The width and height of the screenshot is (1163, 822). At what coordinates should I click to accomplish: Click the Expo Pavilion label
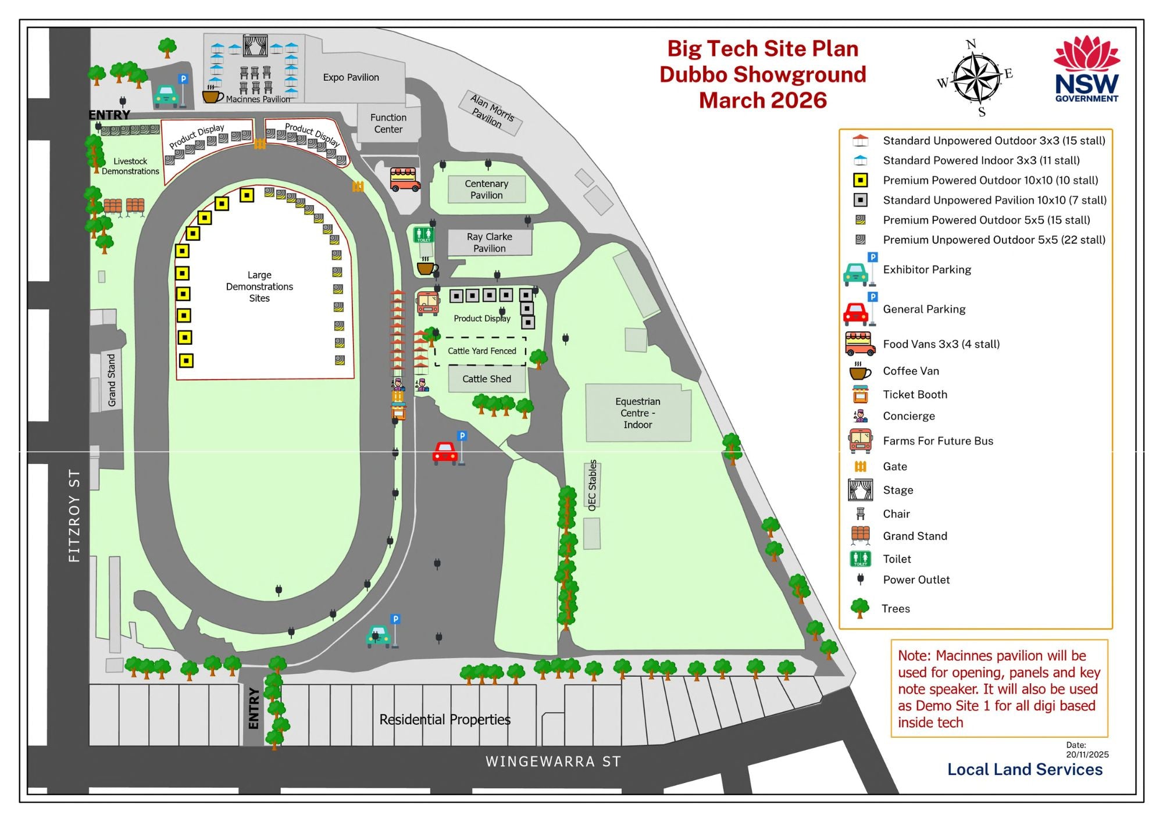click(351, 77)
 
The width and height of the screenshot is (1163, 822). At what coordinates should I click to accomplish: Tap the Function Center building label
click(388, 123)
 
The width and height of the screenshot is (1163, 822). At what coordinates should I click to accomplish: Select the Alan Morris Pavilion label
click(490, 112)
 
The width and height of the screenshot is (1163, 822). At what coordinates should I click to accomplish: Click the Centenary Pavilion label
click(487, 190)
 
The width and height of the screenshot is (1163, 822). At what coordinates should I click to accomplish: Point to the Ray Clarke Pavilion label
click(490, 242)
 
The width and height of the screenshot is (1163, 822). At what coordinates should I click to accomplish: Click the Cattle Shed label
click(487, 379)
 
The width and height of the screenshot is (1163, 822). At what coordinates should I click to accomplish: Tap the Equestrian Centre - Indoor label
click(638, 413)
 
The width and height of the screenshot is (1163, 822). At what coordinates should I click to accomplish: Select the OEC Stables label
click(593, 485)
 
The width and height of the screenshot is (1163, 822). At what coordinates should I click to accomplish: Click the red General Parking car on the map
click(445, 453)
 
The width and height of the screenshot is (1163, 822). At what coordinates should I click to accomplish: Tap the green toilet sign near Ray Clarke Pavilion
click(424, 234)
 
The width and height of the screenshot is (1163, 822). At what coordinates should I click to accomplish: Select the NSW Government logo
click(1086, 70)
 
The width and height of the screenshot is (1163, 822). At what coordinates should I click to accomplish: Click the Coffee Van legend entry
click(911, 371)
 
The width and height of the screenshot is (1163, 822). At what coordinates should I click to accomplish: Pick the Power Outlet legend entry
click(916, 580)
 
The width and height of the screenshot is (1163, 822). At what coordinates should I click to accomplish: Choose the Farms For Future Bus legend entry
click(937, 441)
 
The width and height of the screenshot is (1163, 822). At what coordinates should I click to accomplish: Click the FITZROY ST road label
click(74, 515)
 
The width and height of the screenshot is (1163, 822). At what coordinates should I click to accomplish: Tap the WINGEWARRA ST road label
click(553, 762)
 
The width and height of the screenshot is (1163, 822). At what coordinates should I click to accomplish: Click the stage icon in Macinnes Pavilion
click(255, 46)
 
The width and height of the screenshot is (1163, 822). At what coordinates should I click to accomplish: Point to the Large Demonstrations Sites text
click(259, 287)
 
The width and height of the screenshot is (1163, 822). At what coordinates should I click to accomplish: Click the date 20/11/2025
click(1087, 755)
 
